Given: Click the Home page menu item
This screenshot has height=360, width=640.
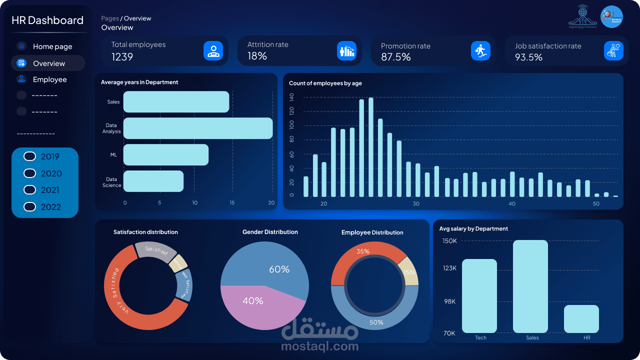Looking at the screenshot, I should [52, 46].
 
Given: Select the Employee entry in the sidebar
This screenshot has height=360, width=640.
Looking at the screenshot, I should [49, 79].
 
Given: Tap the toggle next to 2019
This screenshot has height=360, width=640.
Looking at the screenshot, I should [30, 156].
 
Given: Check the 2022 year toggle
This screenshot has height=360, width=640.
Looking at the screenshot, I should [30, 207].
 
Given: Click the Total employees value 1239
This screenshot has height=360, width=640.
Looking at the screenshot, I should [122, 57].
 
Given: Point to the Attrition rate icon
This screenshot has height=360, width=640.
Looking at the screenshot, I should [346, 50].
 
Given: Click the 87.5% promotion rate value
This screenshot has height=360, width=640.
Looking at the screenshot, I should [395, 57].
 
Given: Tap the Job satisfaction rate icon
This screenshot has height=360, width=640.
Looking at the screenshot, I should [613, 50].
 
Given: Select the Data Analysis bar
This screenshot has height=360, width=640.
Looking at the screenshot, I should [198, 128].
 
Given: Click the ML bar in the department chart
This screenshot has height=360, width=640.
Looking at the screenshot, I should [165, 154].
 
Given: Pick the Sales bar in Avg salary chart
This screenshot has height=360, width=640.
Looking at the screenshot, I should [530, 286].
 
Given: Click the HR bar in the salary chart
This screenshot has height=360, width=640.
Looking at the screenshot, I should [581, 319].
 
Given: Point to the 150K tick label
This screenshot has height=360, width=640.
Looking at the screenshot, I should [449, 241].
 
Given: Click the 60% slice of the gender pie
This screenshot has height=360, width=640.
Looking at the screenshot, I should [270, 265].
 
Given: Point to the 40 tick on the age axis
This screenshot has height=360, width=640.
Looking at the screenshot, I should [512, 204].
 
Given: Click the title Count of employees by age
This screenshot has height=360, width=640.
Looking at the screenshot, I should [325, 83].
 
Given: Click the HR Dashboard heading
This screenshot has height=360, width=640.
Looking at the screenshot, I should [47, 20].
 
